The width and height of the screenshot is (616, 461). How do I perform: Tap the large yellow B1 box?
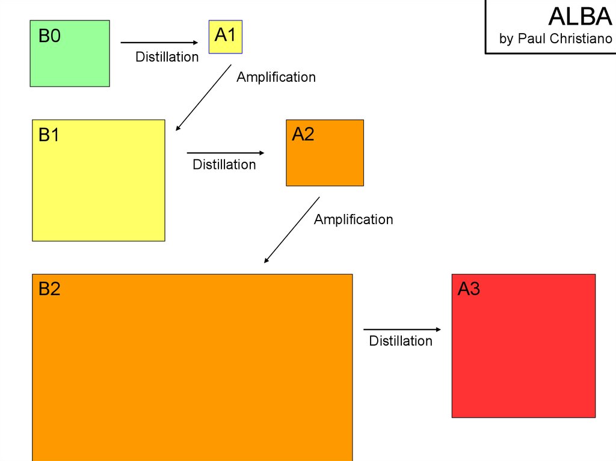click(x=98, y=186)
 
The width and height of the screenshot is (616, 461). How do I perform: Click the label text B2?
click(x=49, y=289)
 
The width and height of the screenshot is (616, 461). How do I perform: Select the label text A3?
click(x=469, y=289)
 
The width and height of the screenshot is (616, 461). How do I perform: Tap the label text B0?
click(x=49, y=37)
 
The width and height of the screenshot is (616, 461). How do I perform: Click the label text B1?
click(x=49, y=135)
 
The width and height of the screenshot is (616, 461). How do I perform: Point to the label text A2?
click(x=303, y=135)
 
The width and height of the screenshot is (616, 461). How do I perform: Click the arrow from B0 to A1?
click(x=159, y=43)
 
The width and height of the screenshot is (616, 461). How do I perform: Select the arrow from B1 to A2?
click(x=226, y=153)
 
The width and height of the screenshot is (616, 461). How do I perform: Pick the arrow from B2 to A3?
click(x=402, y=329)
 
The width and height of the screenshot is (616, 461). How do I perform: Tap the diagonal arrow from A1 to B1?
click(x=203, y=97)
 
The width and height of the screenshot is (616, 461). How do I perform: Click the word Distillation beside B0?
click(x=167, y=57)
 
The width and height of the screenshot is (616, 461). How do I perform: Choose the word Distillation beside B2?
click(x=401, y=341)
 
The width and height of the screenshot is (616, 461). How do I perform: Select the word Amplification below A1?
click(x=276, y=77)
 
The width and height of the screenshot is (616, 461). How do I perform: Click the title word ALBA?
click(x=580, y=16)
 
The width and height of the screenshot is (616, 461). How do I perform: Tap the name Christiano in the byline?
click(x=582, y=39)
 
